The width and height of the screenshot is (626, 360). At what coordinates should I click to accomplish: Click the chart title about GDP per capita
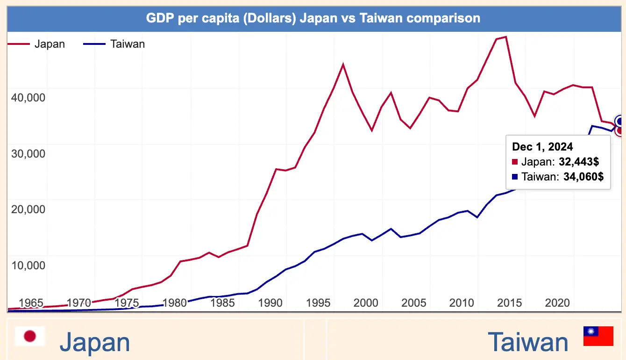(x=313, y=18)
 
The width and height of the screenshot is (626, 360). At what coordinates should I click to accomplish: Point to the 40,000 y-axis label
(x=28, y=97)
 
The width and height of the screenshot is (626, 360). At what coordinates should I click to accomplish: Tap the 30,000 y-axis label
(x=28, y=153)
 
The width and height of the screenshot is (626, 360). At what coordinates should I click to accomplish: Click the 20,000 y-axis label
(x=28, y=209)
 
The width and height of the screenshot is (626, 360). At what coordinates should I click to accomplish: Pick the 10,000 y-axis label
(x=28, y=265)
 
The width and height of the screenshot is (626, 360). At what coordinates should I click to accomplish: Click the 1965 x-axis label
(x=31, y=302)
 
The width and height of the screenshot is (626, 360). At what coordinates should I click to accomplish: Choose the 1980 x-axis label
(x=175, y=302)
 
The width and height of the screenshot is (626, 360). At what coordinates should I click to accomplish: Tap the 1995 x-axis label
(x=318, y=302)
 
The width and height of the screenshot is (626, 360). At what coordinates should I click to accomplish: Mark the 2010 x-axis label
(x=462, y=302)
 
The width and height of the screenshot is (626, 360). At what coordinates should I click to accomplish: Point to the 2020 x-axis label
(x=557, y=302)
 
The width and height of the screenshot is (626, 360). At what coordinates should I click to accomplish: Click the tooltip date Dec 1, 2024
(x=542, y=147)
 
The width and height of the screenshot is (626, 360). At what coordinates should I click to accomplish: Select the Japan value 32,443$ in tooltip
(x=579, y=162)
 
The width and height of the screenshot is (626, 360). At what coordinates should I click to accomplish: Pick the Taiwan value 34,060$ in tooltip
(x=581, y=177)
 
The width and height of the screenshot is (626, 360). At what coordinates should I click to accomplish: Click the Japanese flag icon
(x=30, y=336)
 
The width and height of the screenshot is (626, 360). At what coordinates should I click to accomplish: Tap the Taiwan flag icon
(x=598, y=336)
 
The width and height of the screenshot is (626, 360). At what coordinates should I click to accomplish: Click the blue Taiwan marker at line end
(x=620, y=121)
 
